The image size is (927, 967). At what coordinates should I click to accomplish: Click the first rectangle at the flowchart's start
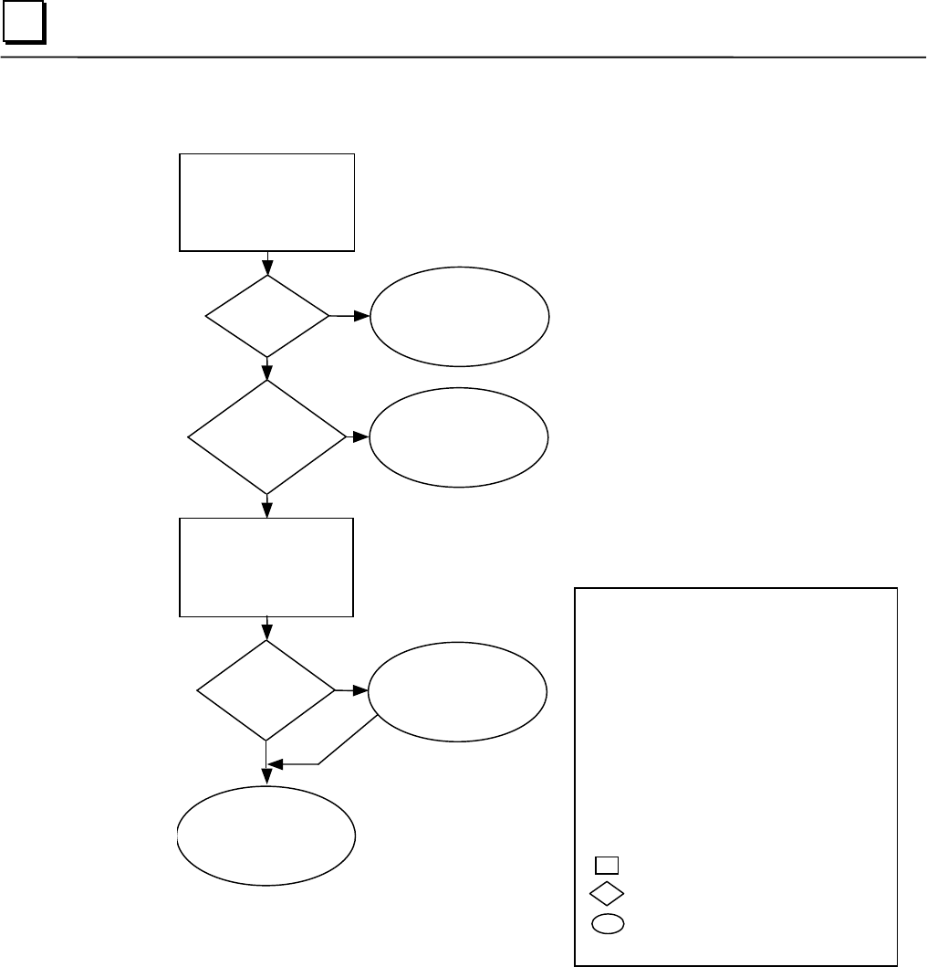266,202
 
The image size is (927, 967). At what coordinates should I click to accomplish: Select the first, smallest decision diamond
266,317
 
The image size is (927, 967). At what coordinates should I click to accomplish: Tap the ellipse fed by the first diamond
459,317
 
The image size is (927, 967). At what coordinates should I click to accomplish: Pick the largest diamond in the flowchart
266,437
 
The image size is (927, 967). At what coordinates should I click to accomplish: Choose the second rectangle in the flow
266,566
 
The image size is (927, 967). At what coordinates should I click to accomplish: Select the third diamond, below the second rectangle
266,689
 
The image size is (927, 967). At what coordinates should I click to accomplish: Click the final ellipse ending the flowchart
266,835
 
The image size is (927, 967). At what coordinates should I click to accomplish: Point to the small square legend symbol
608,865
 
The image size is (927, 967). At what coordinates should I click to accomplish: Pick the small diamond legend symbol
608,893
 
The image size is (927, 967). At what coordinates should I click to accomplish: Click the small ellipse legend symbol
608,923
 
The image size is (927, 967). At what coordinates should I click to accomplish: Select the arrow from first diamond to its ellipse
349,317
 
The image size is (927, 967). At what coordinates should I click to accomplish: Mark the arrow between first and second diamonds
266,368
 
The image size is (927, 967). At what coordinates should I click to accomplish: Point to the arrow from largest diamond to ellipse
358,437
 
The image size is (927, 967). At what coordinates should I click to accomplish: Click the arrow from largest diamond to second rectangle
266,506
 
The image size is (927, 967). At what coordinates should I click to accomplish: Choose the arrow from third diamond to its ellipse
352,690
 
